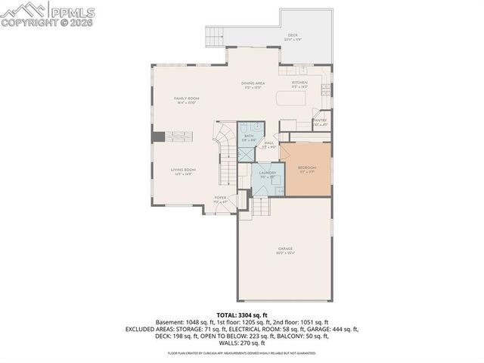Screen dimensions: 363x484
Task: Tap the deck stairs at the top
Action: pyautogui.click(x=216, y=36)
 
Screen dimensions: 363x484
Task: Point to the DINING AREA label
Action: pyautogui.click(x=253, y=85)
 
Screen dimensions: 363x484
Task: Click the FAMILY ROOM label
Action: pyautogui.click(x=186, y=100)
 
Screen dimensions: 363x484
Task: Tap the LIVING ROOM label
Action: pyautogui.click(x=183, y=171)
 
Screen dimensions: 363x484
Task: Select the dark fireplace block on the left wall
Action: pyautogui.click(x=158, y=136)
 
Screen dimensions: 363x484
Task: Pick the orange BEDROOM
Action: pyautogui.click(x=306, y=169)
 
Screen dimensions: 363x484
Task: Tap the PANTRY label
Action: pyautogui.click(x=320, y=120)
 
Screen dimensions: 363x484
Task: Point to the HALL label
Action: pyautogui.click(x=269, y=144)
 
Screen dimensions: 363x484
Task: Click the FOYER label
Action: pyautogui.click(x=220, y=199)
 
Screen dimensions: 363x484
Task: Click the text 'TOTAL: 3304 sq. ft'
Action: pyautogui.click(x=242, y=313)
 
